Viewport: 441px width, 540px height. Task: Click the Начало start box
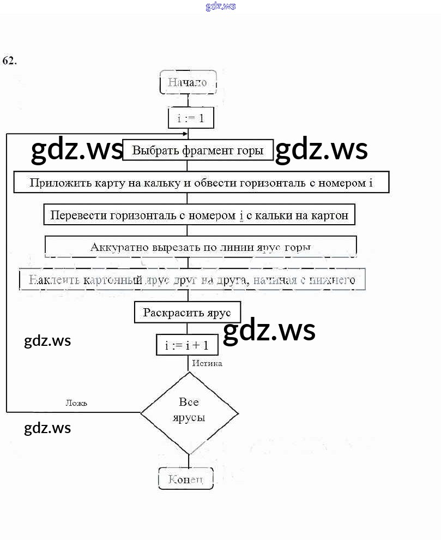pyautogui.click(x=188, y=83)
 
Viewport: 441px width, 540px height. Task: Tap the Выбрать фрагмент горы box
pyautogui.click(x=197, y=150)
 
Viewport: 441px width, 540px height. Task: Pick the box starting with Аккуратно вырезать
pyautogui.click(x=200, y=247)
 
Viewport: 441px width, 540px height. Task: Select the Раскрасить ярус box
pyautogui.click(x=187, y=313)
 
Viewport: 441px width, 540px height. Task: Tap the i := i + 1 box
pyautogui.click(x=186, y=345)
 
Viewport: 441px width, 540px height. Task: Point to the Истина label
pyautogui.click(x=207, y=363)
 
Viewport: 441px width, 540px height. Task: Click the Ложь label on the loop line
pyautogui.click(x=76, y=403)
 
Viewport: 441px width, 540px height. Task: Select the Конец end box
pyautogui.click(x=186, y=479)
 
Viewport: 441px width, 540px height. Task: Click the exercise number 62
pyautogui.click(x=9, y=61)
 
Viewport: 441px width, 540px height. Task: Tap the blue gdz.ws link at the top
pyautogui.click(x=220, y=7)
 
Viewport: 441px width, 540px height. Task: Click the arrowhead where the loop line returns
pyautogui.click(x=185, y=134)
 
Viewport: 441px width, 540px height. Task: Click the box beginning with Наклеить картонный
pyautogui.click(x=192, y=280)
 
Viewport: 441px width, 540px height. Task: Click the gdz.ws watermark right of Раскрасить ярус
pyautogui.click(x=269, y=330)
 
